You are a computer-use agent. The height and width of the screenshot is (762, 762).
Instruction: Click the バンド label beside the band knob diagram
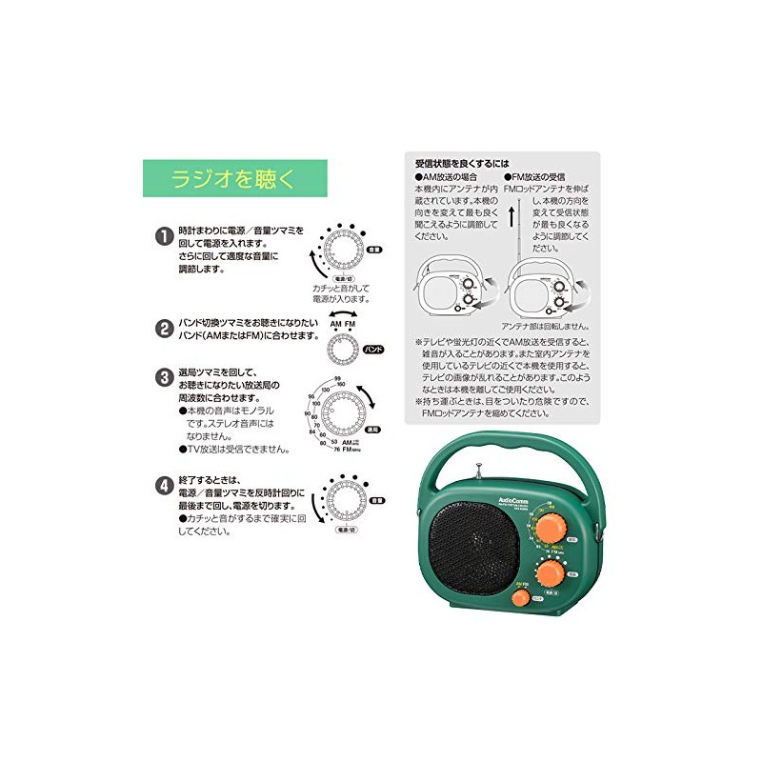(374, 350)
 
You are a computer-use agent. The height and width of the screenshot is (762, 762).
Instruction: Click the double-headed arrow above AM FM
(344, 311)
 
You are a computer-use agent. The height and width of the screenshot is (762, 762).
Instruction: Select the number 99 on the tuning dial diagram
(337, 380)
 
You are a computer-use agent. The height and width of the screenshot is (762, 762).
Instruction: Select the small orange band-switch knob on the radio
(520, 598)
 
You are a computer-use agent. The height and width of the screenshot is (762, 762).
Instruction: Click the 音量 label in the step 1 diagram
(376, 250)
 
